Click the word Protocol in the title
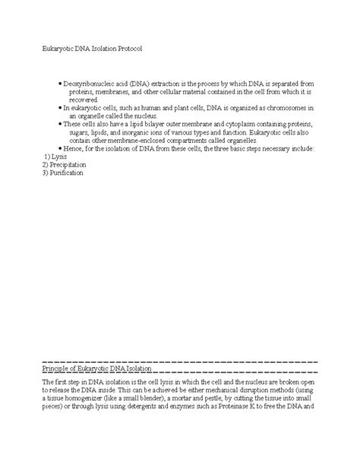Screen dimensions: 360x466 pos(124,48)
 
